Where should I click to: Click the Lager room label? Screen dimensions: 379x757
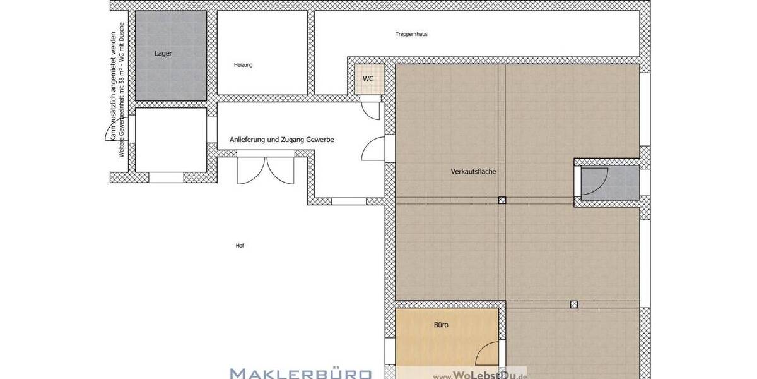tap(163, 54)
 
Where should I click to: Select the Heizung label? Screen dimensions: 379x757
tap(243, 65)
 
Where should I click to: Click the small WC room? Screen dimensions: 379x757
tap(368, 79)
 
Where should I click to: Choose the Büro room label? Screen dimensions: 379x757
tap(441, 325)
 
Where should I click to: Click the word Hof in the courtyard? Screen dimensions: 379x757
tap(239, 246)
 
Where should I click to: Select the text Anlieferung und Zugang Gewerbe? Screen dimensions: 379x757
tap(281, 140)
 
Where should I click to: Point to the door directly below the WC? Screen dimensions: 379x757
tap(370, 111)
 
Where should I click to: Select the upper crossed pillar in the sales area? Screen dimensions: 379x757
tap(502, 200)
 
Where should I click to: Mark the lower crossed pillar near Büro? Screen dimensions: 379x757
tap(573, 304)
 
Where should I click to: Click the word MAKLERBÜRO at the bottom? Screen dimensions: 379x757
tap(301, 373)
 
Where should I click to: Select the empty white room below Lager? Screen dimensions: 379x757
tap(171, 139)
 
